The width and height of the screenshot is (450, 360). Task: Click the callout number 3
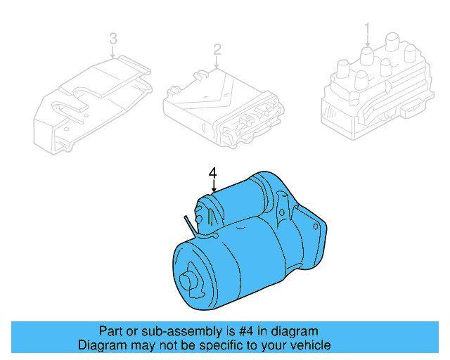pos(112,39)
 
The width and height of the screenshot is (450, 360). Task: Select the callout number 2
pos(217,49)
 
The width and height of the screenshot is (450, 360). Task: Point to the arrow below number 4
pos(213,187)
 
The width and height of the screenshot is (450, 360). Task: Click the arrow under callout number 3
pos(112,51)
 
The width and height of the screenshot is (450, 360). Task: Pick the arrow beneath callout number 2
pos(217,62)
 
